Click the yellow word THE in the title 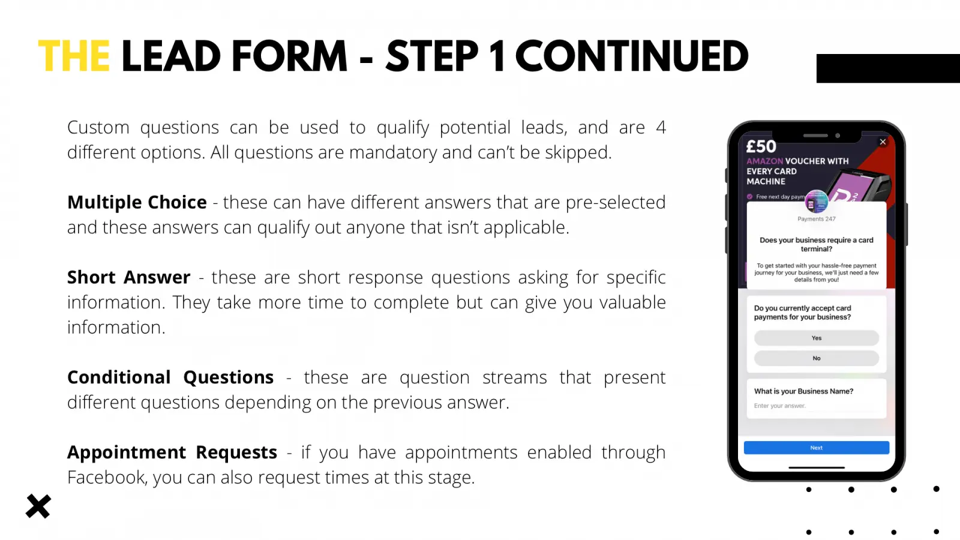(74, 56)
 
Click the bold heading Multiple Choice (137, 202)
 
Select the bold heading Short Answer (128, 277)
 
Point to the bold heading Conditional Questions (170, 377)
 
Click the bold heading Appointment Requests (172, 452)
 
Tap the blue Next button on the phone (816, 448)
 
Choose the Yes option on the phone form (816, 338)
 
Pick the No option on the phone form (816, 358)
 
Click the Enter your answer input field (816, 406)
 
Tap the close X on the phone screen (883, 142)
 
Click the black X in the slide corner (38, 506)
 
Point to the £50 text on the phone (761, 146)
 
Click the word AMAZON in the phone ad (764, 161)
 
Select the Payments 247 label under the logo (816, 219)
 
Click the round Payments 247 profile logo (816, 202)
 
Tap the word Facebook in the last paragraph (106, 478)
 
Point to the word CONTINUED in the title (632, 56)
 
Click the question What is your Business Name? (803, 391)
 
